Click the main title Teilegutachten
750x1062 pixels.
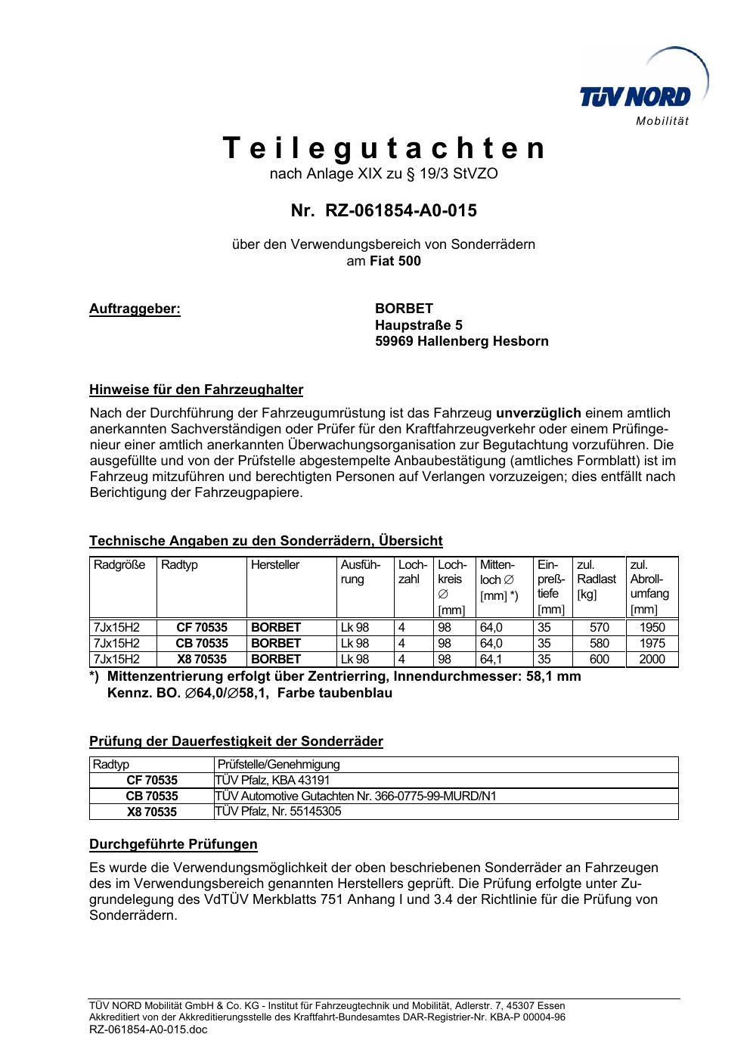384,148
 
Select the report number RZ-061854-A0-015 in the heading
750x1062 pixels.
401,210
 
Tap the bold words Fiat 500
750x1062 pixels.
395,262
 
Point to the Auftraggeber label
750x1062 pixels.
135,309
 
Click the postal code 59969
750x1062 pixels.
394,341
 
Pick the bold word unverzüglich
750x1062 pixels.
538,413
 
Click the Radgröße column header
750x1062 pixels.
119,565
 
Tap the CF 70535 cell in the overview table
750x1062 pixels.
202,627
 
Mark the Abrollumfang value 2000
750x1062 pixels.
652,659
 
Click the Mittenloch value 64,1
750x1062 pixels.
491,659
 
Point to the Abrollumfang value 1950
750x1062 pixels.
652,627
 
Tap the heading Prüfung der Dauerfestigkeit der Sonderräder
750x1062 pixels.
236,741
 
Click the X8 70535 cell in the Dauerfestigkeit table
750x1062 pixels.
151,812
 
